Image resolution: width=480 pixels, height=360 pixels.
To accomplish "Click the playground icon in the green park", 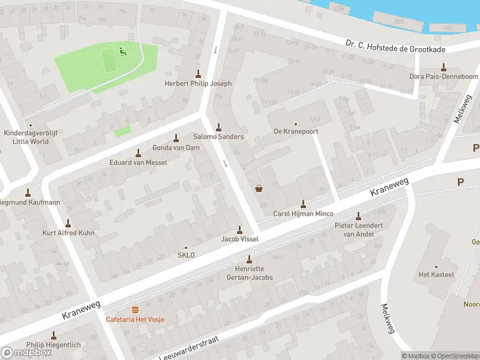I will click(123, 52).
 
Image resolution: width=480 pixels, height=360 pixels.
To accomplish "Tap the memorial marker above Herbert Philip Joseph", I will click(198, 74).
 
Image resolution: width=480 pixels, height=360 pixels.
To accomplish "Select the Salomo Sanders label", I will click(218, 137).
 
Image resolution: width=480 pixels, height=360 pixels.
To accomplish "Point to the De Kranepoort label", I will click(296, 131).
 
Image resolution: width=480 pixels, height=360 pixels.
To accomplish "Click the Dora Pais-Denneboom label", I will click(443, 76).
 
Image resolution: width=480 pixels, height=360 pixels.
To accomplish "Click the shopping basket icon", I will click(259, 188).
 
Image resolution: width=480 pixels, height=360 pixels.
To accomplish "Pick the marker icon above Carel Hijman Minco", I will click(303, 204).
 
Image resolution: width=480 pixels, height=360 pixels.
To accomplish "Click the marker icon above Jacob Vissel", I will click(240, 229).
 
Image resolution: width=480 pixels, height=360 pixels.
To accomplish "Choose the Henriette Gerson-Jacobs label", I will click(250, 273).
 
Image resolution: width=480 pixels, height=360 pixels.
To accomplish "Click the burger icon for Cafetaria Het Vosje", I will click(135, 310).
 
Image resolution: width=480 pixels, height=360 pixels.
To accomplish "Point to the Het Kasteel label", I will click(436, 274).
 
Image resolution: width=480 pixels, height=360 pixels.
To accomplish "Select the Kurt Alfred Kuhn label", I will click(68, 232).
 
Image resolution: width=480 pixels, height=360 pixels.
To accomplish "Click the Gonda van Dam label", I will click(176, 148).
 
